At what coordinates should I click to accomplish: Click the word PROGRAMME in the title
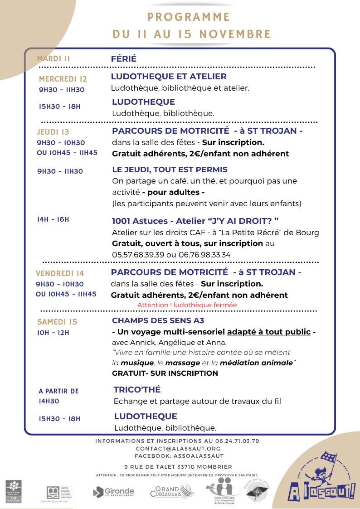click(x=189, y=17)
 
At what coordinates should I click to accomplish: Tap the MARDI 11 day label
click(x=54, y=58)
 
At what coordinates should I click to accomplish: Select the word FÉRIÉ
click(x=123, y=59)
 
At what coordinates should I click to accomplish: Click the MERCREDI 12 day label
click(x=63, y=79)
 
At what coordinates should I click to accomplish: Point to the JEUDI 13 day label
click(x=53, y=132)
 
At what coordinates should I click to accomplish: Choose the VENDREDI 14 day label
click(x=60, y=273)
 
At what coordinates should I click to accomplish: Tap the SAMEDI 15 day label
click(x=57, y=322)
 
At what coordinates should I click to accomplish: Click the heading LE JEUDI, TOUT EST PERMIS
click(x=170, y=170)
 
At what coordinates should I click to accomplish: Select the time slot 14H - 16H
click(x=53, y=219)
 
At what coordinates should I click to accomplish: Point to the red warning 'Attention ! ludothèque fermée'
click(x=187, y=305)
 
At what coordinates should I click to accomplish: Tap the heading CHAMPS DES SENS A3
click(x=158, y=321)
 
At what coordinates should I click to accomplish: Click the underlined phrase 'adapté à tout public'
click(x=269, y=332)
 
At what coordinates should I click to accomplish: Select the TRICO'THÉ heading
click(x=137, y=390)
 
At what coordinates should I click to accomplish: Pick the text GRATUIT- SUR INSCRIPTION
click(x=165, y=373)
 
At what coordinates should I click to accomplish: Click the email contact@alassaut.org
click(x=178, y=448)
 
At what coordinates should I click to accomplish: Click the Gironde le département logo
click(x=113, y=491)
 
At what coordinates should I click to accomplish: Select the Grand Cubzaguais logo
click(x=172, y=491)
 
